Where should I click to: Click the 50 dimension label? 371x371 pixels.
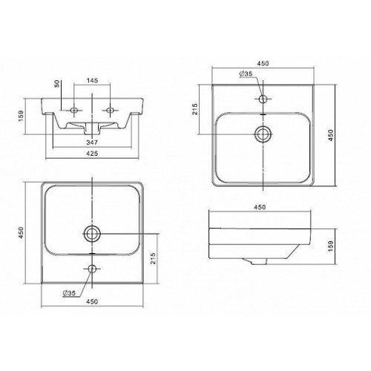tap(57, 84)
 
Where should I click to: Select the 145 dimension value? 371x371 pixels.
tap(92, 80)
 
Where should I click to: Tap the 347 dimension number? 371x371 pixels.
tap(92, 142)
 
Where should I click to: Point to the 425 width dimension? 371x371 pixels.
tap(92, 154)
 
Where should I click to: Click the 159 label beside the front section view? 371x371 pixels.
tap(21, 116)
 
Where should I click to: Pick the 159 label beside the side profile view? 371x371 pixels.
tap(331, 246)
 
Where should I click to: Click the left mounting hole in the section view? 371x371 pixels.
tap(73, 110)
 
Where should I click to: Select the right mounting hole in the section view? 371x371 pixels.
tap(110, 110)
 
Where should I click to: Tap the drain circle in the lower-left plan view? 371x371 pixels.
tap(92, 234)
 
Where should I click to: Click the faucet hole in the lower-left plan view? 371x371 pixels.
tap(92, 269)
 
